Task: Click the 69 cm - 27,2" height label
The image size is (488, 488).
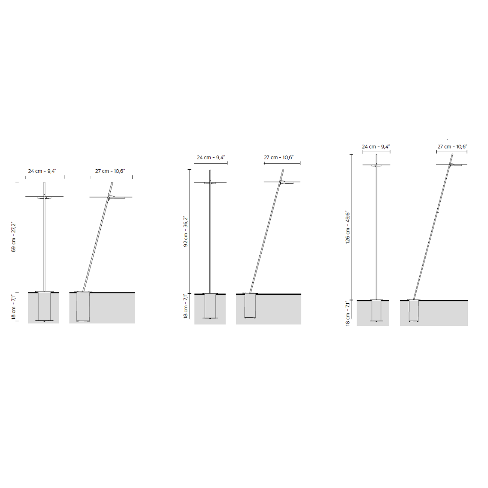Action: [14, 237]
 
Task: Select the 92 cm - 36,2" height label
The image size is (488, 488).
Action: [185, 232]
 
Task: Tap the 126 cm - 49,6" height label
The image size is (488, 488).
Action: [348, 227]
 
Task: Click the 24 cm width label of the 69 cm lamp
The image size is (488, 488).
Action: [42, 171]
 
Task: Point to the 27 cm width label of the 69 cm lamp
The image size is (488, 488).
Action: [110, 171]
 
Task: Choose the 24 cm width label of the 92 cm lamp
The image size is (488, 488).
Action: [211, 158]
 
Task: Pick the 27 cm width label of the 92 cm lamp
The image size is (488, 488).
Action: [279, 158]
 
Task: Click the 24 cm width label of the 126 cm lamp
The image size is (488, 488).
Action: [376, 147]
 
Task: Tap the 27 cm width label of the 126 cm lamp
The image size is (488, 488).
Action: [452, 147]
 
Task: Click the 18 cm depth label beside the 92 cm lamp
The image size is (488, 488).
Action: [185, 306]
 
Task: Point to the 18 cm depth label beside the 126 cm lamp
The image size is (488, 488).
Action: [348, 313]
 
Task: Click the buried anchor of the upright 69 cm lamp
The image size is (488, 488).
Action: [44, 306]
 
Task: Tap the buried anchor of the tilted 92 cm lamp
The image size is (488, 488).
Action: [250, 306]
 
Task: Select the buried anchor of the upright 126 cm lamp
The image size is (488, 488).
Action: [377, 311]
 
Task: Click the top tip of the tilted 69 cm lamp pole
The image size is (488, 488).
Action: [112, 182]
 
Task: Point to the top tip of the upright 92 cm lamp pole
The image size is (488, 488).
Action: [210, 170]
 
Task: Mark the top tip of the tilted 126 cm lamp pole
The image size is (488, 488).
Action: [452, 154]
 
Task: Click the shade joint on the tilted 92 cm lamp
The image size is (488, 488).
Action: [280, 182]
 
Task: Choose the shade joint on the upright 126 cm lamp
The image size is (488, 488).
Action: [376, 166]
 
